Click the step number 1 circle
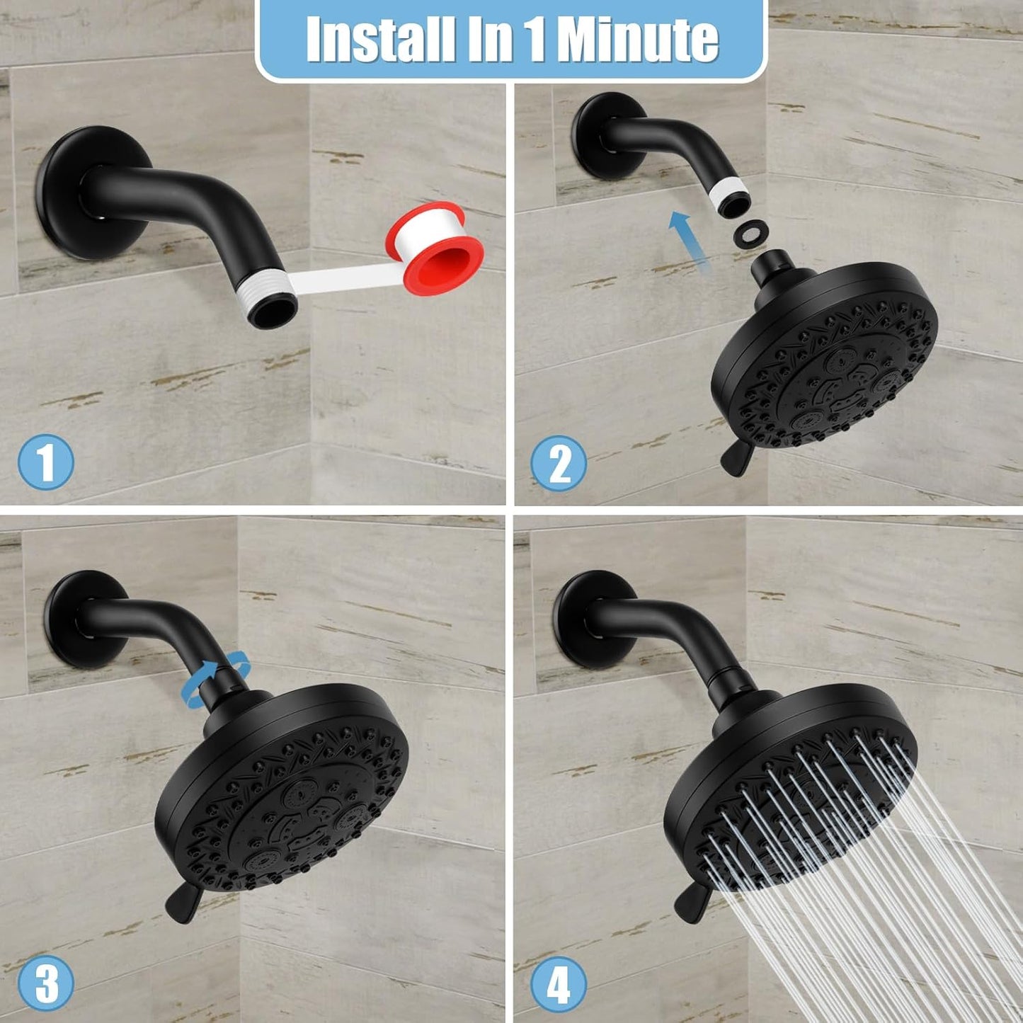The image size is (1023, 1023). (45, 462)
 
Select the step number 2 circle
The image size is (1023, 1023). (559, 464)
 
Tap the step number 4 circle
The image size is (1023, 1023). (559, 984)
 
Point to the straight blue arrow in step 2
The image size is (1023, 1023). (690, 241)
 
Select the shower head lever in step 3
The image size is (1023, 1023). (183, 905)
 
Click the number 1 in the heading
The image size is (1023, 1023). (536, 40)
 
